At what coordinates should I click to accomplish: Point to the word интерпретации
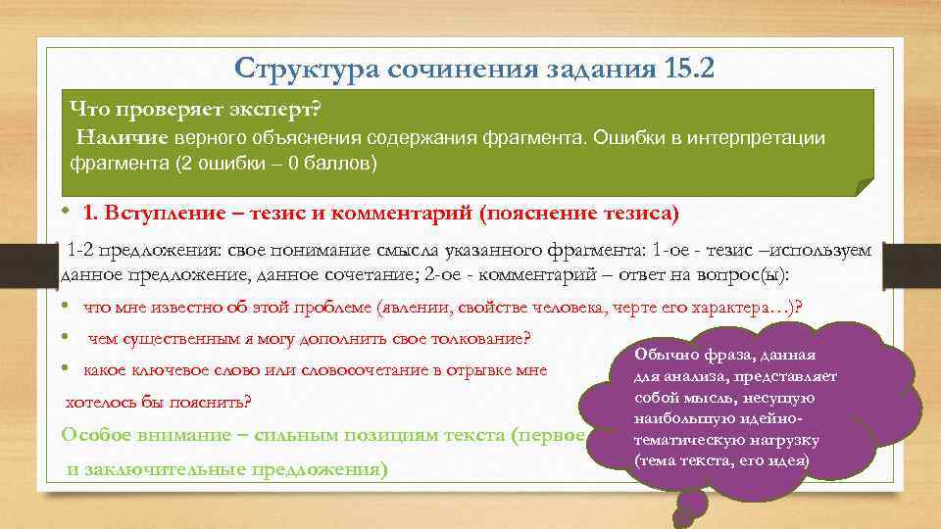tap(764, 137)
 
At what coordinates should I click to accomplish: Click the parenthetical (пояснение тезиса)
tap(579, 213)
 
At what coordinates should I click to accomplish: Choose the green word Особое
tap(99, 434)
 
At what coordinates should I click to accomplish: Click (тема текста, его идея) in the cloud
tap(721, 459)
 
